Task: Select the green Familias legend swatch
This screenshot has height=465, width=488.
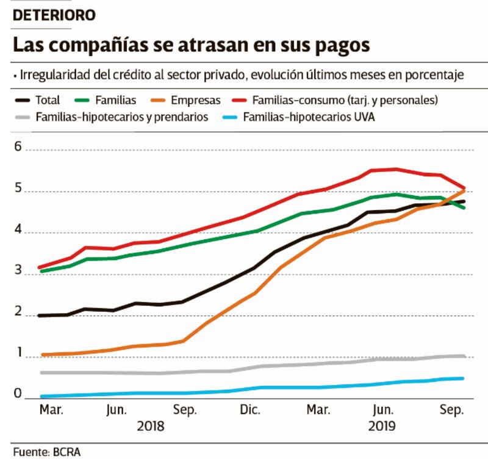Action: pyautogui.click(x=83, y=99)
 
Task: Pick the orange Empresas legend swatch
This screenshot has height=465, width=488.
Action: pyautogui.click(x=161, y=99)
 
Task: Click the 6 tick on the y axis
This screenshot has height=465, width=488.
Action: pyautogui.click(x=18, y=147)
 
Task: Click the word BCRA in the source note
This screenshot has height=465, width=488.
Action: pyautogui.click(x=68, y=452)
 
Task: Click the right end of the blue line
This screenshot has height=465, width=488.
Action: pyautogui.click(x=464, y=378)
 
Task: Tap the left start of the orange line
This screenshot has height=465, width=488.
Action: pyautogui.click(x=41, y=355)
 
